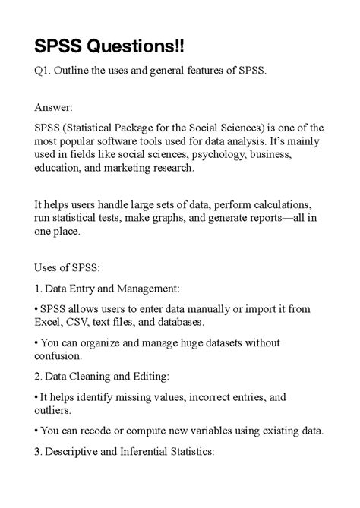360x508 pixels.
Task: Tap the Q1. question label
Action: coord(44,71)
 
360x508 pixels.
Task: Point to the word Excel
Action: coord(50,322)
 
